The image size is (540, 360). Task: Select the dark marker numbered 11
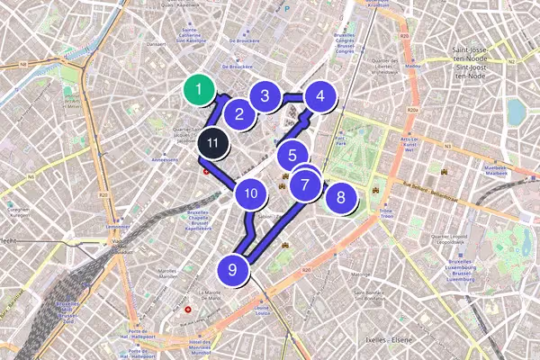(212, 141)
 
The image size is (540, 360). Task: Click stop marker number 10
(251, 193)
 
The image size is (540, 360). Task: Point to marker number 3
(265, 96)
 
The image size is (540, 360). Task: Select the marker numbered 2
(239, 113)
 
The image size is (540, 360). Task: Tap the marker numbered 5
(292, 155)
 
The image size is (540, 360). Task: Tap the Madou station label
(413, 67)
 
